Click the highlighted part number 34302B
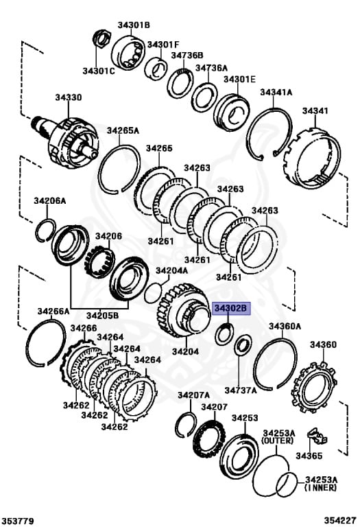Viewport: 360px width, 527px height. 231,308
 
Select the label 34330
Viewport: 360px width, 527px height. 69,97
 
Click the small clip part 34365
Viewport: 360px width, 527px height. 317,436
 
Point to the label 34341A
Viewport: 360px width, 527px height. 276,93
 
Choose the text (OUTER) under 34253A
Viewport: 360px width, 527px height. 278,441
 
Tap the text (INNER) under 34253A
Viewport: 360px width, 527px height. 320,487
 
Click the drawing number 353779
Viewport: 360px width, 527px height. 16,521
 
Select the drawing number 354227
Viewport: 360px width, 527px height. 340,521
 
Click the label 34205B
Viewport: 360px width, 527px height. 102,316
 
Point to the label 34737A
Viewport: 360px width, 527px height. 241,390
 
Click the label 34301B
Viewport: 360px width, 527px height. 134,25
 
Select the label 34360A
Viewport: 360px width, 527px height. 285,326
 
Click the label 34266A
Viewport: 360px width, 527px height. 53,312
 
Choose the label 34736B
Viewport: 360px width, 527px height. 187,56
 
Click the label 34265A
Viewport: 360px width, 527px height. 123,130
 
